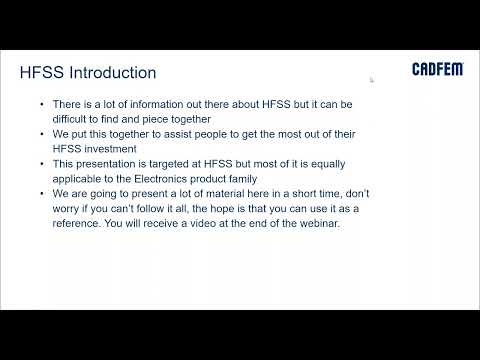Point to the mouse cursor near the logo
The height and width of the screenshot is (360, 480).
[372, 79]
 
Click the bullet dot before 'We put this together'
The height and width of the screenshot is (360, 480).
[41, 133]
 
